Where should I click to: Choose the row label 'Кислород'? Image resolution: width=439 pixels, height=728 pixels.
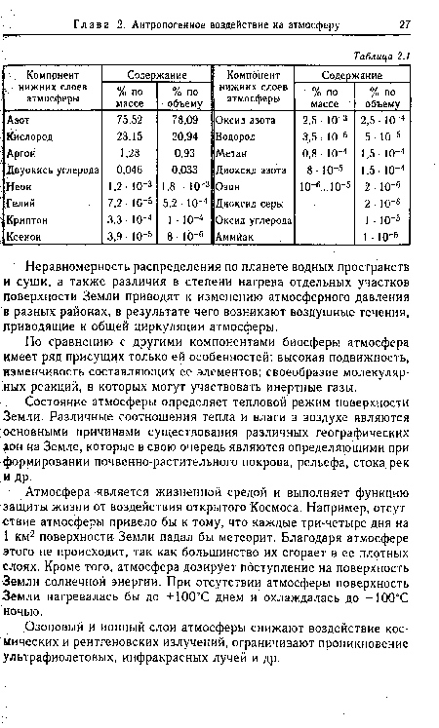pos(30,136)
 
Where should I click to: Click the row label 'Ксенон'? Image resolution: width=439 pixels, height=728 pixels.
pos(25,238)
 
